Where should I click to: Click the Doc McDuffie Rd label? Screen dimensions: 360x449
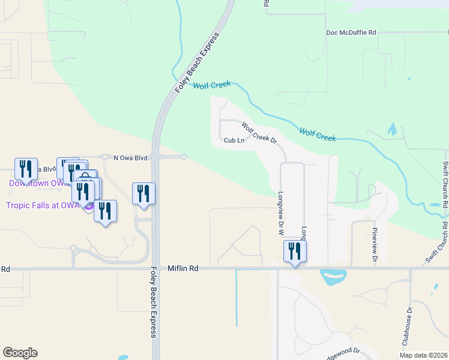click(351, 32)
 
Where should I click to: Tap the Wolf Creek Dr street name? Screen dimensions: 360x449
click(259, 133)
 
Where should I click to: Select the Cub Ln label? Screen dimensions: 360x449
click(234, 141)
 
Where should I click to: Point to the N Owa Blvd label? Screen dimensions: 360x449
click(130, 158)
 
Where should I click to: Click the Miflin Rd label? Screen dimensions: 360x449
click(183, 269)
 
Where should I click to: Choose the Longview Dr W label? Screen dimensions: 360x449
click(280, 213)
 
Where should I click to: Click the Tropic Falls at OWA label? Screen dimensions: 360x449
click(42, 205)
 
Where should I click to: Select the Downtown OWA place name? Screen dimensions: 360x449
click(36, 183)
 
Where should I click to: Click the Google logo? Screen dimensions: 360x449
click(20, 353)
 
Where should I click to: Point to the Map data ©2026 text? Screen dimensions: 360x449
click(423, 355)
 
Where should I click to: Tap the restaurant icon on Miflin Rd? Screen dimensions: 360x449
click(295, 250)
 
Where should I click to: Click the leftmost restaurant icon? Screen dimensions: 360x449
click(26, 169)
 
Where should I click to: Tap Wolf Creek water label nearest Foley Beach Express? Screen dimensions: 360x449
click(212, 85)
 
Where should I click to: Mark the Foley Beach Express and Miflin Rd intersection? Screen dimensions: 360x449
click(155, 269)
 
